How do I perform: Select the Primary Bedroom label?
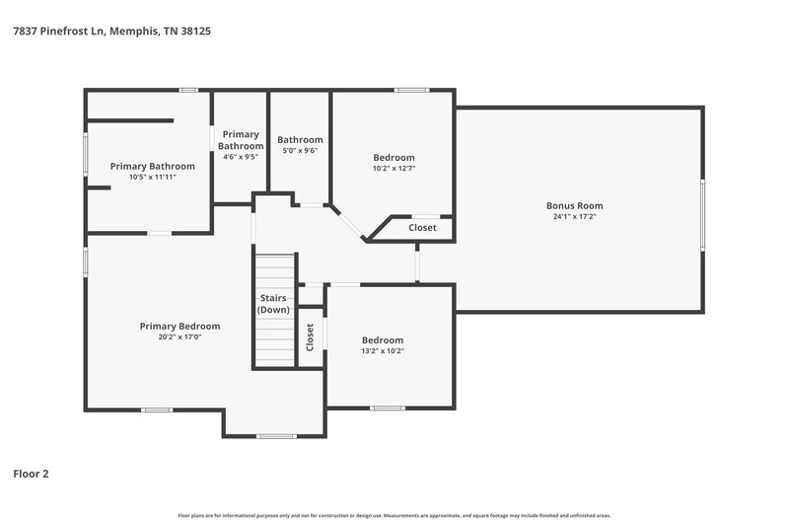tap(179, 326)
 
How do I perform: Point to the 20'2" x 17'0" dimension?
tap(179, 337)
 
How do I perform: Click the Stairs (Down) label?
tap(274, 304)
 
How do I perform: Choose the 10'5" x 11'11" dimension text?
tap(152, 177)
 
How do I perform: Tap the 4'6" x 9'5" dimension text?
tap(241, 156)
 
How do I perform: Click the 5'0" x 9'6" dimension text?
tap(300, 151)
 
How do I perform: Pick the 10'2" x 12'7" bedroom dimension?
tap(394, 168)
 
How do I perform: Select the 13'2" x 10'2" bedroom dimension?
tap(382, 350)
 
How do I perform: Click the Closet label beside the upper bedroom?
tap(422, 228)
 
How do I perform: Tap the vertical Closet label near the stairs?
tap(310, 338)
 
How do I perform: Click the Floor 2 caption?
tap(31, 474)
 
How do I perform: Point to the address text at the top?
tap(111, 31)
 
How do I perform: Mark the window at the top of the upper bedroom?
tap(410, 91)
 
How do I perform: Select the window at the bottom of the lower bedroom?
tap(387, 409)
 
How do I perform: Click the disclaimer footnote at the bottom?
tap(394, 515)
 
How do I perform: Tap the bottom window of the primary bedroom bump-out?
tap(275, 435)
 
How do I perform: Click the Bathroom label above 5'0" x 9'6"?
tap(300, 140)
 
